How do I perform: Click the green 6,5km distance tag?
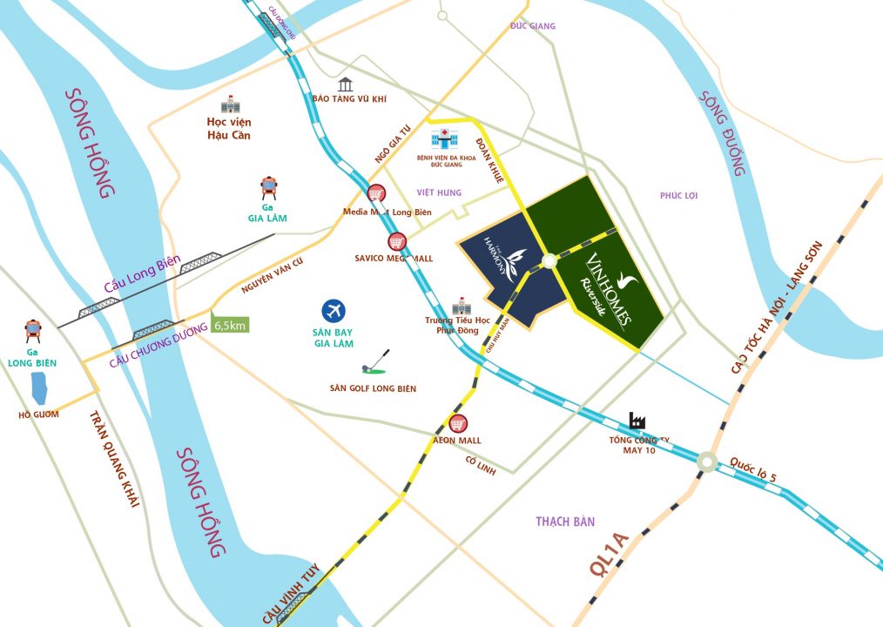[x=230, y=325]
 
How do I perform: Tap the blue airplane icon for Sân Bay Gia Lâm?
[x=333, y=310]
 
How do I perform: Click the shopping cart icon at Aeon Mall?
[x=458, y=424]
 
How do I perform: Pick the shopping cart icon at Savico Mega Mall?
[x=396, y=242]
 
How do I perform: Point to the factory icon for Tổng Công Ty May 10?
[x=637, y=421]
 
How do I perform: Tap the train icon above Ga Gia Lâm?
[x=269, y=188]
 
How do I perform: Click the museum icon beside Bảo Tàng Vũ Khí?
[x=346, y=84]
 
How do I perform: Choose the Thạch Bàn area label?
[x=565, y=521]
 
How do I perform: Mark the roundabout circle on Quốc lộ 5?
[x=706, y=462]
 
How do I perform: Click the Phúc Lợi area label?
[x=678, y=195]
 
